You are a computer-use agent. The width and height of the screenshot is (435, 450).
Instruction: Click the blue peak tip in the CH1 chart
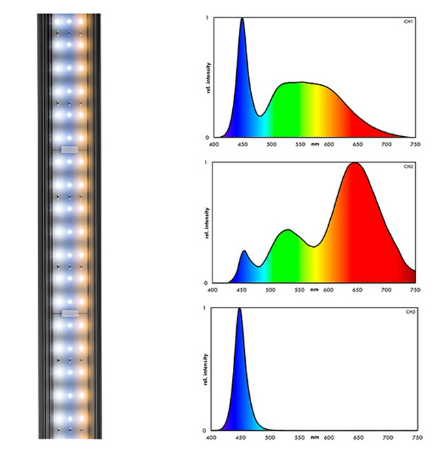pos(242,18)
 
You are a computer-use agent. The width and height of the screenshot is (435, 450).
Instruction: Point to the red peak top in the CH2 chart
pos(354,163)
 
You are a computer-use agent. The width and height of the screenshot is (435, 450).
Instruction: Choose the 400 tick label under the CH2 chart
pos(214,290)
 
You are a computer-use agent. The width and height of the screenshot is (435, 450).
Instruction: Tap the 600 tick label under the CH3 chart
pos(329,437)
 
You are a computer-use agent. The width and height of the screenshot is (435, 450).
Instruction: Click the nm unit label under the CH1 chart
pos(315,144)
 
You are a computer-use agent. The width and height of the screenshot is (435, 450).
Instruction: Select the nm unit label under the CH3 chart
pos(315,437)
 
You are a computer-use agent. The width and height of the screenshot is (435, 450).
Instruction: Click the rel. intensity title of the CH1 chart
pos(206,77)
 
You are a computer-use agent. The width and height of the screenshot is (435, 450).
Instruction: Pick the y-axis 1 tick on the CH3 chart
pos(206,308)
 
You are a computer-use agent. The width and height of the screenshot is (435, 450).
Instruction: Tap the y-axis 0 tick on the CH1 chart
pos(206,138)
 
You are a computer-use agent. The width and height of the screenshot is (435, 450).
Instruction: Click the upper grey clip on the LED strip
pos(70,148)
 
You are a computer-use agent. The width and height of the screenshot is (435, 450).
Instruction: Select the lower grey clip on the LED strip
pos(70,313)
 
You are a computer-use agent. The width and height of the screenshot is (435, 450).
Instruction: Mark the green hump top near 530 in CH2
pos(288,230)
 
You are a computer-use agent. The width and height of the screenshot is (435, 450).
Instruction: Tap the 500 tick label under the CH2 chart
pos(271,290)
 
